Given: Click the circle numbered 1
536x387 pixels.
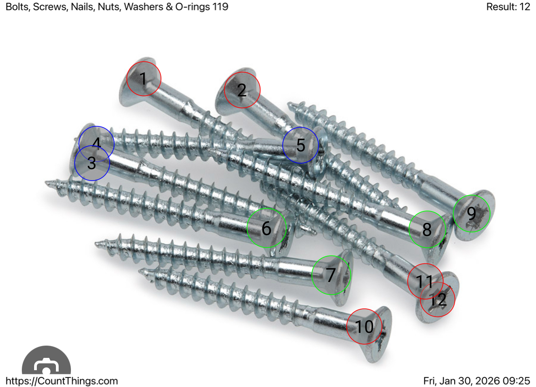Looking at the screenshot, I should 144,79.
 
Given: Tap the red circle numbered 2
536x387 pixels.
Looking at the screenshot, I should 242,90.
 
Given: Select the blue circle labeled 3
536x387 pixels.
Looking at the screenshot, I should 92,163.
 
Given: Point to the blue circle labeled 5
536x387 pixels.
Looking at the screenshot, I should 301,145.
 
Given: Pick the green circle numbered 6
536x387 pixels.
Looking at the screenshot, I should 267,228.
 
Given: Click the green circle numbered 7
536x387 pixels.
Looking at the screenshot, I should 331,275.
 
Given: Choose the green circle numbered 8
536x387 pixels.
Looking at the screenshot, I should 427,230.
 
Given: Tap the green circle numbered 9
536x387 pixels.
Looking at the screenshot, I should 471,213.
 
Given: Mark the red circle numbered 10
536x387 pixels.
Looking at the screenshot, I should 364,326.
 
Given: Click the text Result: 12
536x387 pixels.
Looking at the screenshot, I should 508,7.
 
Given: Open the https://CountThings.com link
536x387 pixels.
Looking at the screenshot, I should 61,381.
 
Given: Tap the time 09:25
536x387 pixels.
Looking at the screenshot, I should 519,381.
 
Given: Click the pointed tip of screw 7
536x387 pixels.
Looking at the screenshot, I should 97,244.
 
